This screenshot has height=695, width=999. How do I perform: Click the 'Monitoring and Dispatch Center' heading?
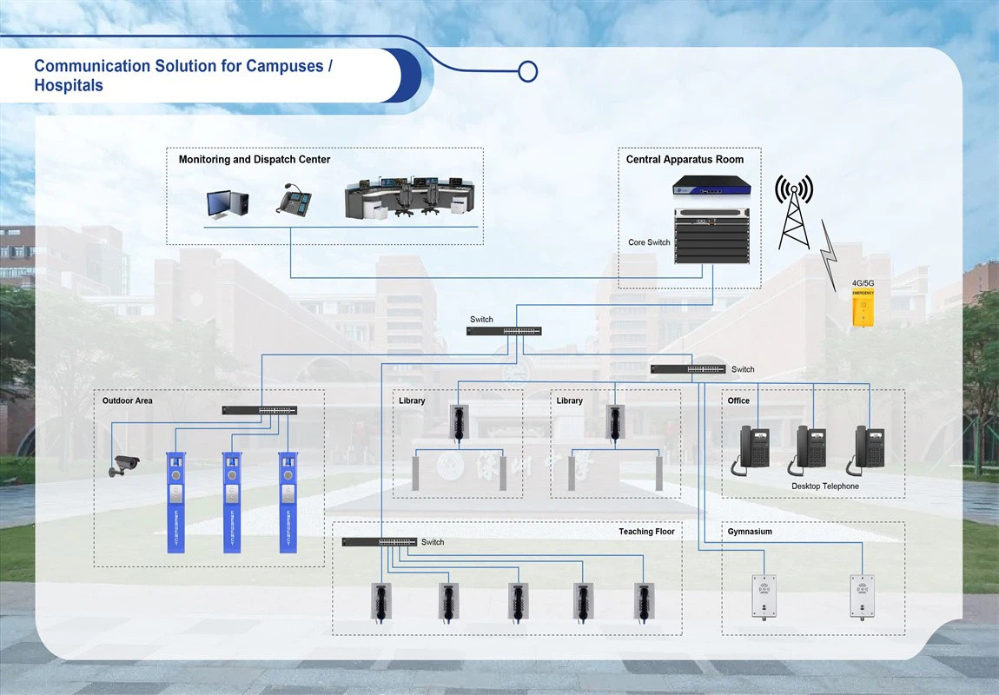(254, 160)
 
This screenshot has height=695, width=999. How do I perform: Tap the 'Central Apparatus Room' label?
(685, 160)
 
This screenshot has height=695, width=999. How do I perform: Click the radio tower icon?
(794, 211)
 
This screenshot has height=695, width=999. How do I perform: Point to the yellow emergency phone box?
(863, 308)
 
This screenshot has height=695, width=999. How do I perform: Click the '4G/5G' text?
(863, 283)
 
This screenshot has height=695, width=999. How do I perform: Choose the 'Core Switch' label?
(649, 242)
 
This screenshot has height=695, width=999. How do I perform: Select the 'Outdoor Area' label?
(127, 400)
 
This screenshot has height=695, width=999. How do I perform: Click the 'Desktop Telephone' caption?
(824, 486)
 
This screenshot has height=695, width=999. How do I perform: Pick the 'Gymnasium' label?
(750, 532)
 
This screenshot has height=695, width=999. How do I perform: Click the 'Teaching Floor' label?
(646, 532)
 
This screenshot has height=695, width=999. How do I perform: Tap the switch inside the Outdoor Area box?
(259, 410)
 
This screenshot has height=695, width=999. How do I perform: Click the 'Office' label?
(738, 400)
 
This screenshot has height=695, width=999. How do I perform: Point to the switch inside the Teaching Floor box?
(380, 542)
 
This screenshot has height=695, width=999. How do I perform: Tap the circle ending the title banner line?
(527, 71)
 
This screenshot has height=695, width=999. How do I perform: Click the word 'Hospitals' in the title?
(69, 86)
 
